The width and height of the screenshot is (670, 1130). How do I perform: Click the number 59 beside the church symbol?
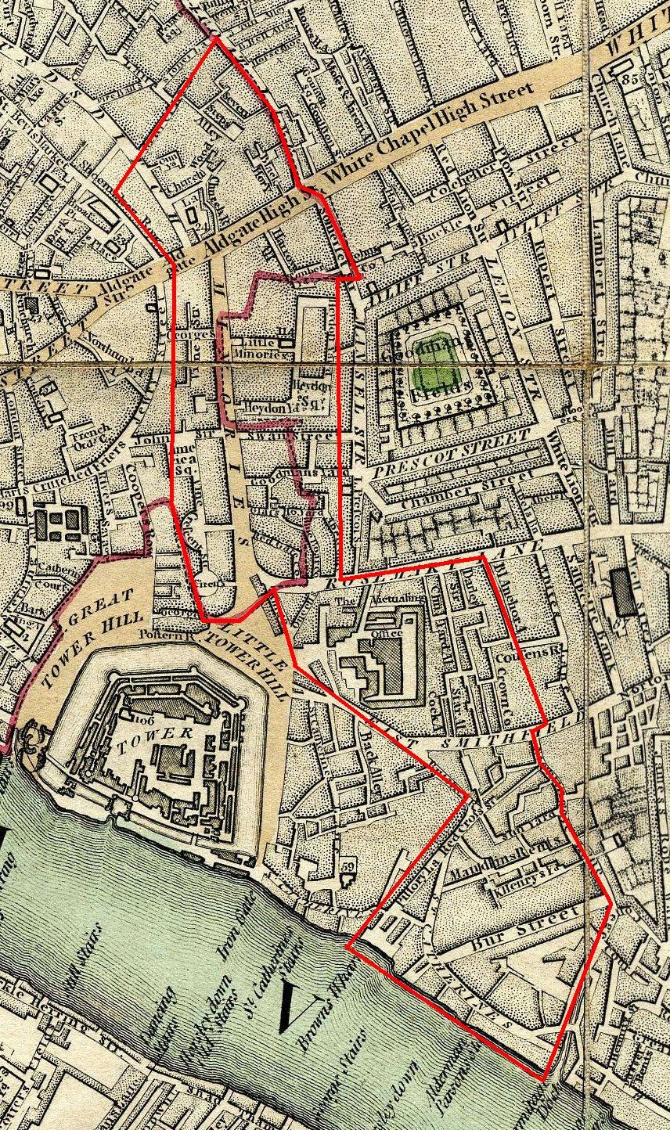pos(348,867)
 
